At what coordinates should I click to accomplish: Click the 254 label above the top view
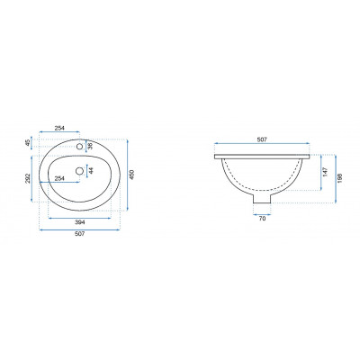click(x=59, y=128)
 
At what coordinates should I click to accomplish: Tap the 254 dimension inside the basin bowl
click(x=59, y=178)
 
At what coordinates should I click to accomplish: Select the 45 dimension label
click(x=28, y=143)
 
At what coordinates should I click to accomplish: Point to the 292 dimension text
click(x=28, y=178)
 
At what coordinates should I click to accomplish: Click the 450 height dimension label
click(x=132, y=175)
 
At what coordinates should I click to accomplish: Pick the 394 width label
click(x=80, y=222)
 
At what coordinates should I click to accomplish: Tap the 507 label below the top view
click(x=80, y=234)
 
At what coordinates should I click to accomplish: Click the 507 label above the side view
click(x=262, y=139)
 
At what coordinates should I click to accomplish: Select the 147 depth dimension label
click(x=326, y=172)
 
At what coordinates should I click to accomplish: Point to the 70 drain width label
click(x=262, y=219)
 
